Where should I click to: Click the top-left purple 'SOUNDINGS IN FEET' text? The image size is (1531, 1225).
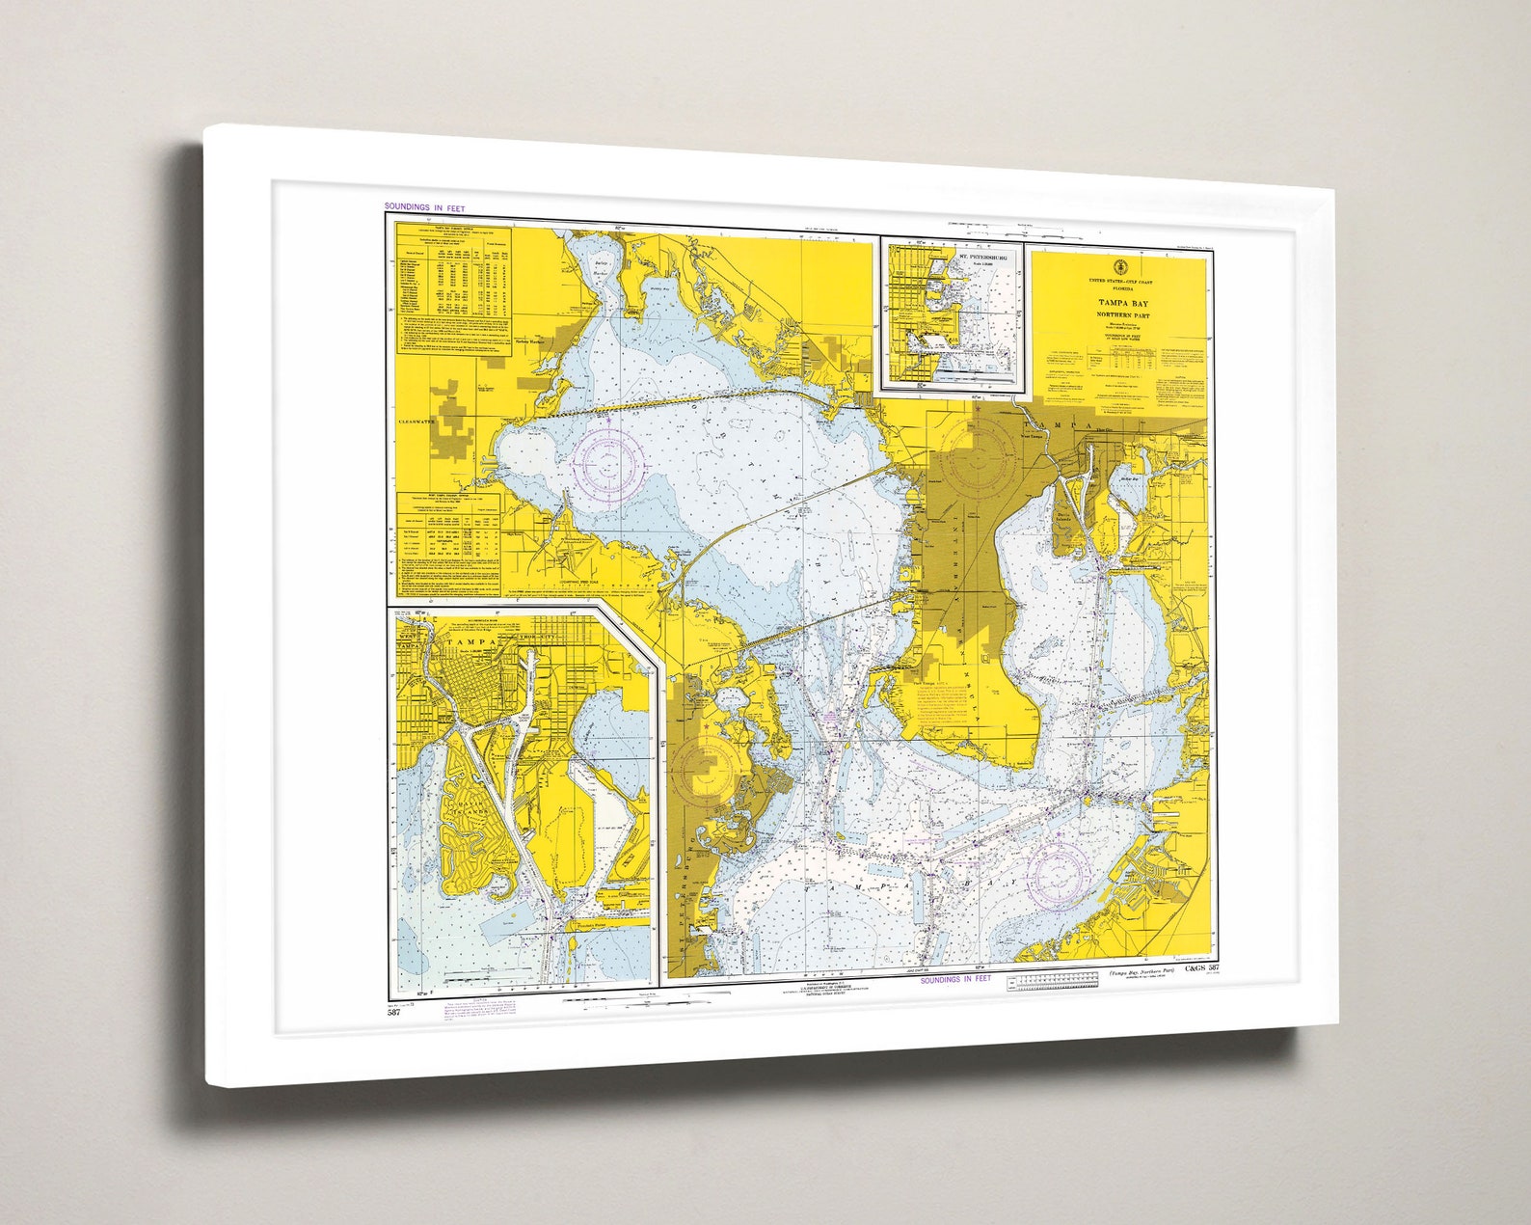coord(424,207)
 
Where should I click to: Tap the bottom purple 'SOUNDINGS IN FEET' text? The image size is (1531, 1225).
coord(955,979)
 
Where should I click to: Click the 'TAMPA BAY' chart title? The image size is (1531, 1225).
coord(1118,303)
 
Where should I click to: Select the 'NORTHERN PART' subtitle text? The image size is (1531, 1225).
coord(1118,315)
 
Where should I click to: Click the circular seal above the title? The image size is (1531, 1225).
coord(1118,266)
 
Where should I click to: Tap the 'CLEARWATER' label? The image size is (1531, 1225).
coord(416,422)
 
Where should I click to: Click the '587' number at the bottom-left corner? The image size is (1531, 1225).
coord(393,1012)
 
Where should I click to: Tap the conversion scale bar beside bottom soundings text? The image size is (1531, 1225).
coord(1052,983)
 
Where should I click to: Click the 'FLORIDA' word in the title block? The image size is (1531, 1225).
coord(1118,287)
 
